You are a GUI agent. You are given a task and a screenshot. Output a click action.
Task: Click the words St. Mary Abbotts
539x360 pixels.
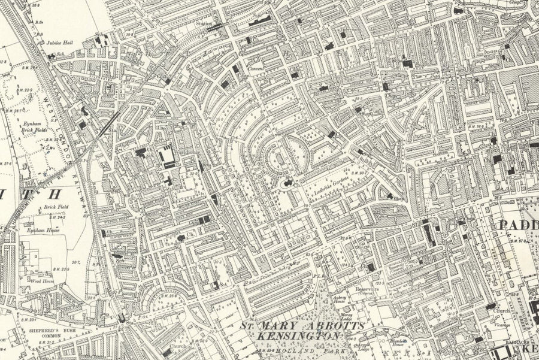(302, 326)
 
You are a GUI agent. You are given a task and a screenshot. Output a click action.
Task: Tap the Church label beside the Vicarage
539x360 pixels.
(502, 311)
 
